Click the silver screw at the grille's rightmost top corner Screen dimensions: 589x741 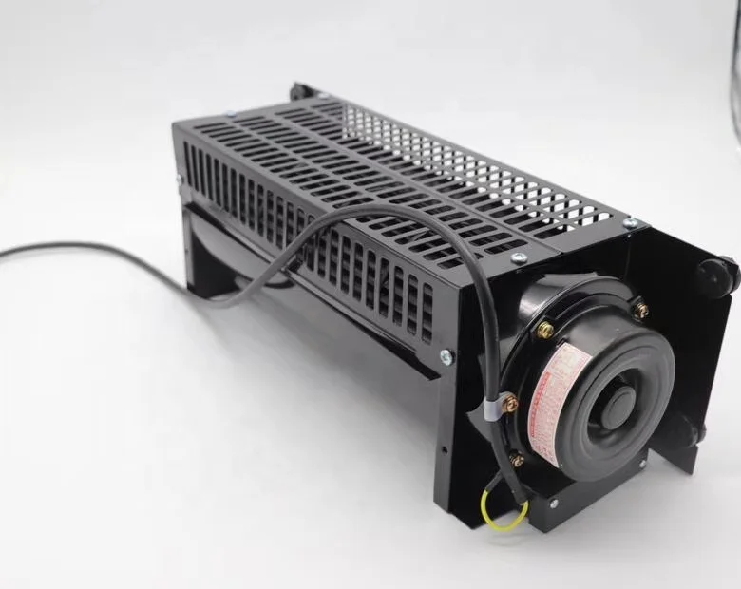(628, 223)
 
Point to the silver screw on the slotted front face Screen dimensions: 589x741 (446, 356)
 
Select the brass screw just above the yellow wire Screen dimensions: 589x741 (518, 461)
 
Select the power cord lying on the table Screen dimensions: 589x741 (85, 249)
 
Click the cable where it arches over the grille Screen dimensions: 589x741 (399, 214)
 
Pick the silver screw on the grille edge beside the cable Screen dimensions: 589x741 (518, 257)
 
